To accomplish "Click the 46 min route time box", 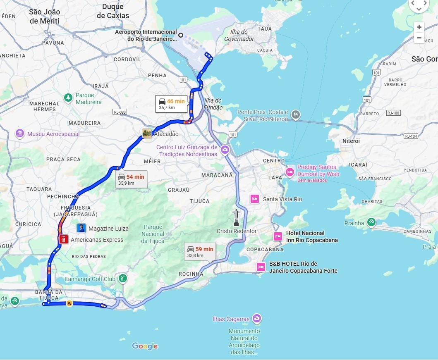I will [x=171, y=104].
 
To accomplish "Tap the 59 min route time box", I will [x=200, y=252].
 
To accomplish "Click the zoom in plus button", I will [x=419, y=27].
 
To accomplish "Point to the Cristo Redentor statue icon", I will [x=237, y=218].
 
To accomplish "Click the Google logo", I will [x=145, y=346].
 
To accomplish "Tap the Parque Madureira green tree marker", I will [x=68, y=98].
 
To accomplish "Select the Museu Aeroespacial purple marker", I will [x=20, y=134].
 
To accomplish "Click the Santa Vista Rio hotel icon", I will [x=255, y=199].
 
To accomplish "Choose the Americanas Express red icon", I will [x=63, y=239].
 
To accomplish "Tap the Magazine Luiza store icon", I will [x=81, y=228].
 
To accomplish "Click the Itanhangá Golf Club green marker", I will [x=122, y=279].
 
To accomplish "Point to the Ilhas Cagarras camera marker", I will [x=257, y=318].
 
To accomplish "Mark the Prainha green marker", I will [x=371, y=222].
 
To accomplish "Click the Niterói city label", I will [x=351, y=141].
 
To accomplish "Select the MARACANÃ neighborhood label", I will [x=217, y=175].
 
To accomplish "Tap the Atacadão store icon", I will [x=147, y=134].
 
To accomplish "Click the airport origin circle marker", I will [x=181, y=35].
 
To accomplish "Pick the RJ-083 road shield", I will [x=119, y=112].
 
